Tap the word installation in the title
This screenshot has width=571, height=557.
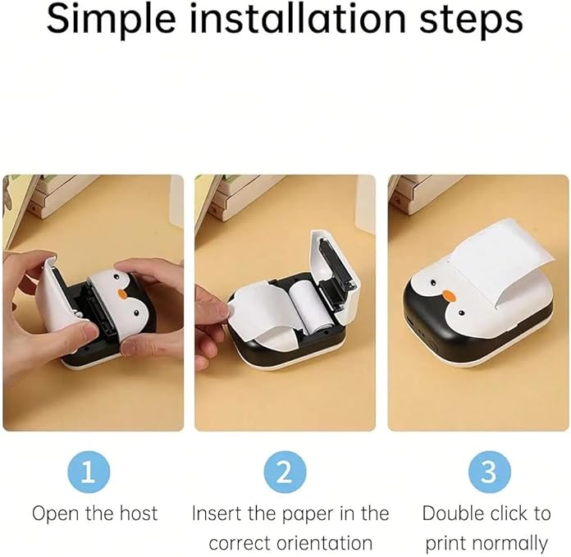[298, 18]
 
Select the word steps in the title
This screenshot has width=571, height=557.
[471, 21]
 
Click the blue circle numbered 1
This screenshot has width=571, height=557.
[89, 472]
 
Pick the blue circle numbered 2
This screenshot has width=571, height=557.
[285, 472]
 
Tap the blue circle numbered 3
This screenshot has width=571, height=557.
[490, 472]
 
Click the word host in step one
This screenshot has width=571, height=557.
[139, 514]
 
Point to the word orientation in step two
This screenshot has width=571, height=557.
[324, 543]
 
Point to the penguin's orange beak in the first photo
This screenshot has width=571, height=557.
[123, 294]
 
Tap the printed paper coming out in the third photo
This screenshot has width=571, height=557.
[499, 259]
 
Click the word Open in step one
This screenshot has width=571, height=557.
[56, 514]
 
